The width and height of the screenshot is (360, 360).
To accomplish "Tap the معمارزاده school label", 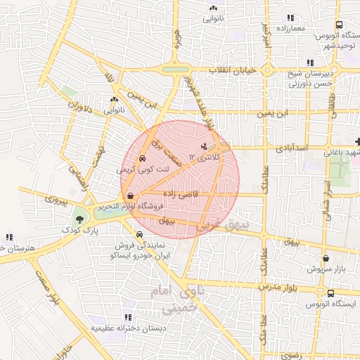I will (x=289, y=26).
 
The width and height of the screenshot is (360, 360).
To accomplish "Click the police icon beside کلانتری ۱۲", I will (x=204, y=146).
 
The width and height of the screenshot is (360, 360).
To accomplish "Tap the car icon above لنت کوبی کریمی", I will (x=143, y=159).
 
